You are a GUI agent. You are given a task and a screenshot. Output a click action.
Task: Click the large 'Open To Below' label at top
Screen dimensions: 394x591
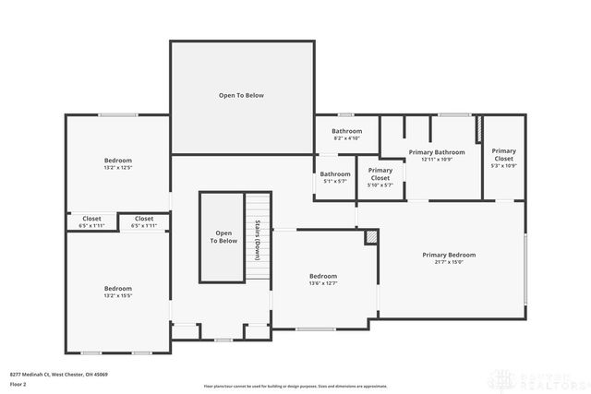(x=241, y=95)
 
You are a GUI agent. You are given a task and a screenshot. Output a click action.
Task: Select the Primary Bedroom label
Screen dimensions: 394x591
(x=449, y=255)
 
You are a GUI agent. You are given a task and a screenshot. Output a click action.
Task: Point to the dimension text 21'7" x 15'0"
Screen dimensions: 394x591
(x=449, y=262)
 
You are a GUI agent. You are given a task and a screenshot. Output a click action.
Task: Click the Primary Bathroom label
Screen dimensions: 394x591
(x=436, y=152)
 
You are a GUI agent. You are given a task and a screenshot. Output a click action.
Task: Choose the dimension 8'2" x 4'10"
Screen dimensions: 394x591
(x=346, y=138)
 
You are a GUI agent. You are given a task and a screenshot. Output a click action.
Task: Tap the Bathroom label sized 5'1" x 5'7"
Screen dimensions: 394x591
(x=335, y=173)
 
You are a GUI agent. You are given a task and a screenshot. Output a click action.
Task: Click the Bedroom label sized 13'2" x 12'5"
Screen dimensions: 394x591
(x=117, y=161)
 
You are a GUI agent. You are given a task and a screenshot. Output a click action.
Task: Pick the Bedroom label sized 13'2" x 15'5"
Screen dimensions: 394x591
(x=117, y=289)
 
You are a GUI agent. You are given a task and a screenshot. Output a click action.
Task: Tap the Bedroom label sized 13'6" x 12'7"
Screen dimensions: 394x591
(x=322, y=276)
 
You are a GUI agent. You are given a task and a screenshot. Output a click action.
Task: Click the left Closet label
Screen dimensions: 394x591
(x=92, y=219)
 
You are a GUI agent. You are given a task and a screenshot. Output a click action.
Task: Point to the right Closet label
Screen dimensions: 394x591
(x=144, y=219)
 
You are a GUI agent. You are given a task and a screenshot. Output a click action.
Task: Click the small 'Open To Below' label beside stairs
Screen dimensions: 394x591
(x=223, y=236)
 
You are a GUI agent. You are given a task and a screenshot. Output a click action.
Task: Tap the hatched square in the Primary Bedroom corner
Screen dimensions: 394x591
(x=371, y=238)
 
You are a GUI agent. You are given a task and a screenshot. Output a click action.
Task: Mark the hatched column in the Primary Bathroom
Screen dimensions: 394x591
(x=478, y=130)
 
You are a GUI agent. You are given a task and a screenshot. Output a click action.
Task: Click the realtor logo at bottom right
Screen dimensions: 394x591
(x=539, y=378)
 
